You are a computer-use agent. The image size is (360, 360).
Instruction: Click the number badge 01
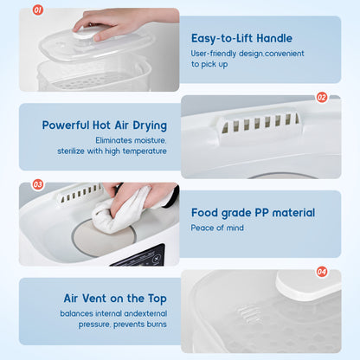[37, 10]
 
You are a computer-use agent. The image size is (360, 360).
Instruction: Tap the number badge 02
[322, 97]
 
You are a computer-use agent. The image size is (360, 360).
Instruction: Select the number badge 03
[37, 183]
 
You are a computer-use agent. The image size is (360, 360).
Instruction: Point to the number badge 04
[322, 271]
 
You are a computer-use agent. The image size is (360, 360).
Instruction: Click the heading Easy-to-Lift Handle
[241, 38]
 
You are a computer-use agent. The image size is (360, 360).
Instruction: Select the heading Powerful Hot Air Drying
[104, 125]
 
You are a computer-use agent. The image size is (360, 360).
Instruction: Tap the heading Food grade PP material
[253, 212]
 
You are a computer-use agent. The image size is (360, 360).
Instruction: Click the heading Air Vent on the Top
[115, 299]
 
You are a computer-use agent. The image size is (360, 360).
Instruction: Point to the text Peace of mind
[217, 228]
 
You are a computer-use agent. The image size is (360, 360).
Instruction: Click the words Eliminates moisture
[131, 139]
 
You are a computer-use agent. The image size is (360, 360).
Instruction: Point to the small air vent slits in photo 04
[248, 312]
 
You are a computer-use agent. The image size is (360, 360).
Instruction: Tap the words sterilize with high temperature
[119, 151]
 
